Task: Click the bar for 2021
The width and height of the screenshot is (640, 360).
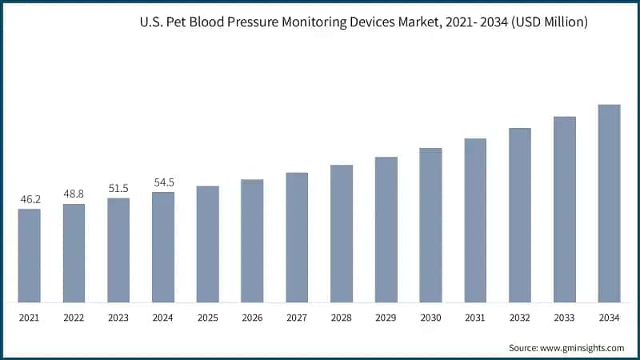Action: [30, 256]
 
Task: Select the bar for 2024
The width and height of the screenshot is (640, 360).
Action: [163, 247]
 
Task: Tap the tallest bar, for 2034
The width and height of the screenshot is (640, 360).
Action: [609, 204]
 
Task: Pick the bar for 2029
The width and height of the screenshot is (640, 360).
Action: [386, 230]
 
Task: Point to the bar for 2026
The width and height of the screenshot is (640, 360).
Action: [252, 241]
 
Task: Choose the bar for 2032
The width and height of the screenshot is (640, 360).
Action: [520, 215]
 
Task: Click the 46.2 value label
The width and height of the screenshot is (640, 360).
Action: [30, 199]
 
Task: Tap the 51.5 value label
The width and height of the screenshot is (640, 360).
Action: [118, 188]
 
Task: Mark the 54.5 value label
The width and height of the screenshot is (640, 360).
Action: [163, 182]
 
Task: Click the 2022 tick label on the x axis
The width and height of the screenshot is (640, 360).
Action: [74, 318]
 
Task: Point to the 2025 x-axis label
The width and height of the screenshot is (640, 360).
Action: [208, 318]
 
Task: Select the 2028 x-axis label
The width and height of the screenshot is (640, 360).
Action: [342, 318]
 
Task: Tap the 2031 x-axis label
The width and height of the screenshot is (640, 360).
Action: [475, 318]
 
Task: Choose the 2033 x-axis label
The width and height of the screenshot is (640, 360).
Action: [565, 318]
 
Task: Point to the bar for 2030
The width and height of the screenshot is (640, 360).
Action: [430, 226]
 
